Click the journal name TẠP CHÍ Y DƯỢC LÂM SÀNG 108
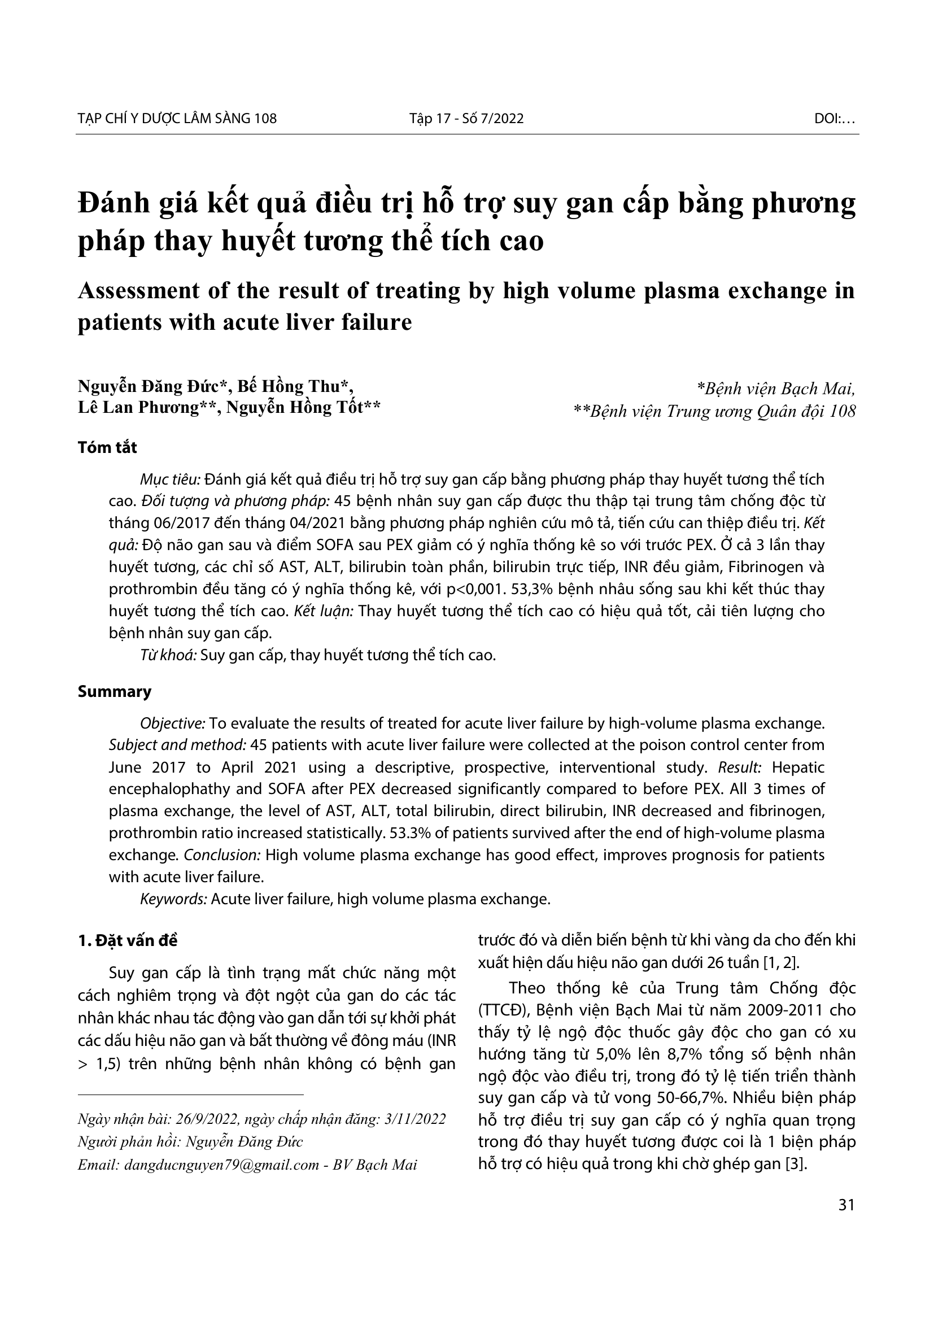point(177,119)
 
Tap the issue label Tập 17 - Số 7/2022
point(466,119)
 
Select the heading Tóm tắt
point(107,448)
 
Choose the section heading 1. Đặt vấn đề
point(128,940)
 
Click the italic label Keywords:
point(174,899)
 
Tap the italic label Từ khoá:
point(168,655)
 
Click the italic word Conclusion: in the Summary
point(222,855)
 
